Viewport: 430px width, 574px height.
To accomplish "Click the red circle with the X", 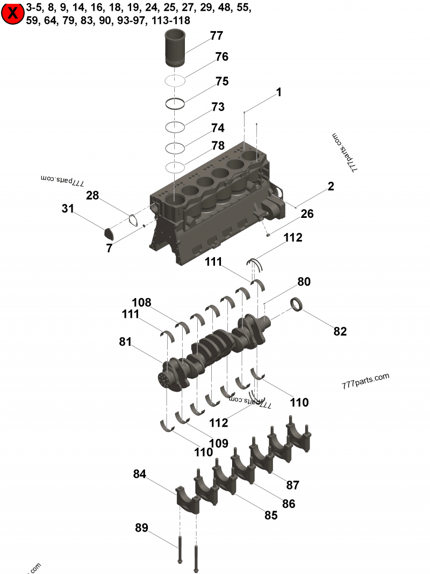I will coord(12,14).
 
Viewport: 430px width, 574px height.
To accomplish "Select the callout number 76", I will coord(222,57).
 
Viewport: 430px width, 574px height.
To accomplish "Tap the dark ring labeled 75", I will coord(176,103).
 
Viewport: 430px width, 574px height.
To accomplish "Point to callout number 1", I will coord(278,93).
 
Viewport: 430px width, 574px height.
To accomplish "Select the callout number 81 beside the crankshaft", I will coord(125,342).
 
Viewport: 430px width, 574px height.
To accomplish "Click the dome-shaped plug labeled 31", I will coord(110,233).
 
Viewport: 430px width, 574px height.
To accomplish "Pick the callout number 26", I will coord(307,214).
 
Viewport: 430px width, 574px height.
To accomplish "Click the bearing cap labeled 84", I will coord(187,498).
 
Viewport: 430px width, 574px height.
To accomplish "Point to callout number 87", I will coord(292,485).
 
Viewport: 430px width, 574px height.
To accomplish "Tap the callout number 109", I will coord(219,443).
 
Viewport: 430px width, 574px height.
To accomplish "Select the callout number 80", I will coord(304,282).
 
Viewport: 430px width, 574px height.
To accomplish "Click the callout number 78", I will coord(218,145).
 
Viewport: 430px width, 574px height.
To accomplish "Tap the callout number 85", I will coord(271,515).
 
